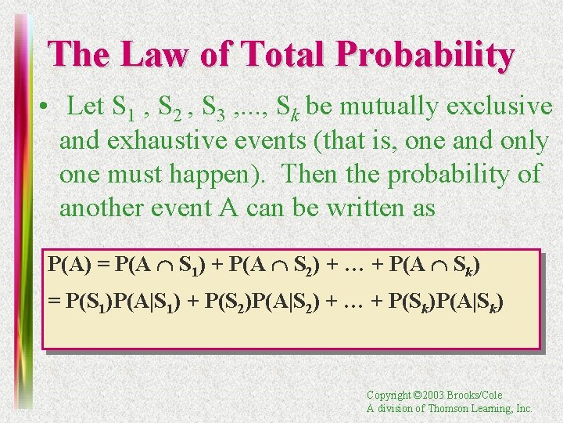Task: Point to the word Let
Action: (x=86, y=106)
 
